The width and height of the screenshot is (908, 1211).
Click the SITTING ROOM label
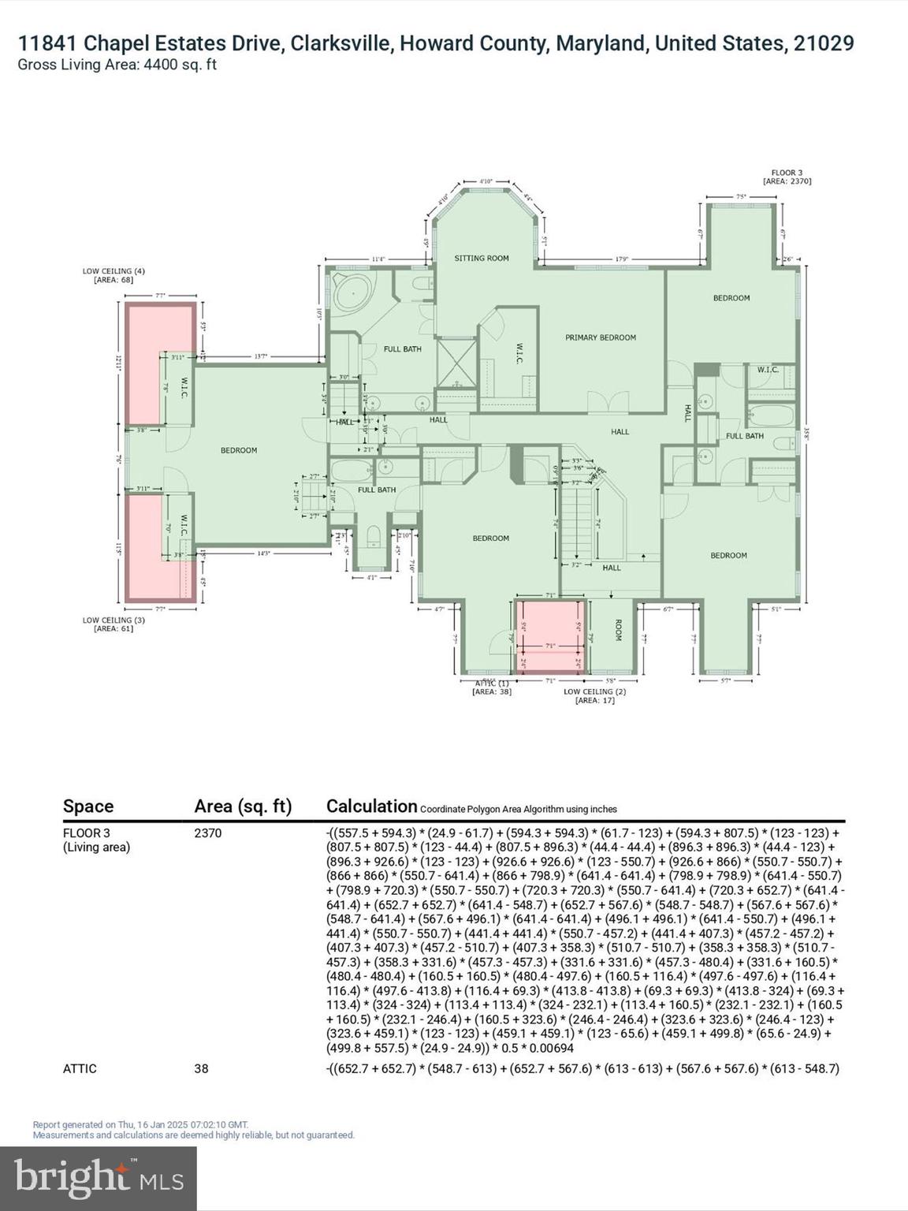[x=482, y=258]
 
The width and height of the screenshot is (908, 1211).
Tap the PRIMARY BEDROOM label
[x=600, y=337]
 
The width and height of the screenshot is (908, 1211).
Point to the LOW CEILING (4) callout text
[x=113, y=275]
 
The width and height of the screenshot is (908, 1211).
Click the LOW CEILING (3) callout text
[x=113, y=624]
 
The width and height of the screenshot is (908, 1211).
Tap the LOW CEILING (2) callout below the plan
[x=594, y=695]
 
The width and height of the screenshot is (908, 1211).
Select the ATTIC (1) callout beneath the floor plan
[x=492, y=687]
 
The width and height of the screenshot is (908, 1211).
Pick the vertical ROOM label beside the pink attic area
[x=619, y=630]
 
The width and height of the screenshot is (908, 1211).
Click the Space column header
[x=88, y=806]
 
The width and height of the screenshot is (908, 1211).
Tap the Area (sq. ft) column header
[x=243, y=806]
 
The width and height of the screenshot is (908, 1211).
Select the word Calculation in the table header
[x=371, y=806]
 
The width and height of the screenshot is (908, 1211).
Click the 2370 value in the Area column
[x=208, y=833]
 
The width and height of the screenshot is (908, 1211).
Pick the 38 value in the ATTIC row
[x=201, y=1068]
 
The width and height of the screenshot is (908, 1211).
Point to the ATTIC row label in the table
[x=80, y=1068]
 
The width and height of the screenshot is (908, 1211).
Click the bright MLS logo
[x=99, y=1178]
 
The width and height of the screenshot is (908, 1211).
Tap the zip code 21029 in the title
[x=823, y=43]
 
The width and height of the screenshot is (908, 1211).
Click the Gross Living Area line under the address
[x=117, y=65]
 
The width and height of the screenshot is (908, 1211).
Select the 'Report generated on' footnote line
[x=140, y=1124]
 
